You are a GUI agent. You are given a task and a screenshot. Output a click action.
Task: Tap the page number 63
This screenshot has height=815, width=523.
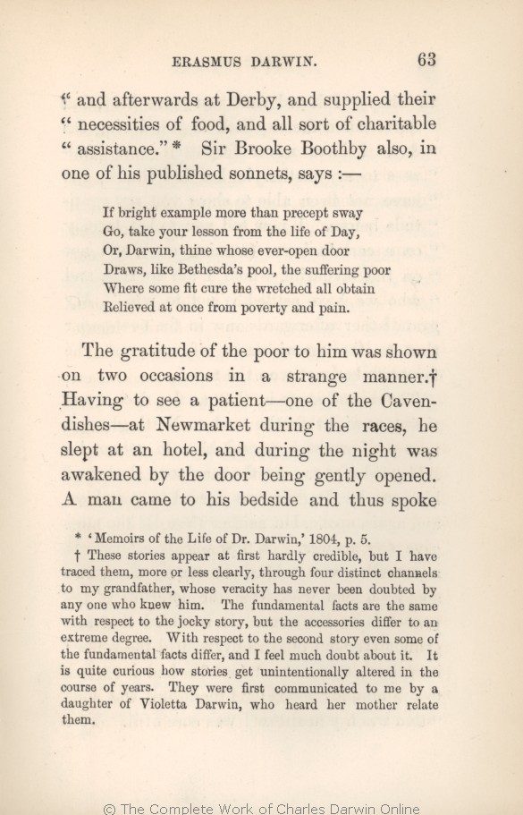(x=425, y=60)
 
